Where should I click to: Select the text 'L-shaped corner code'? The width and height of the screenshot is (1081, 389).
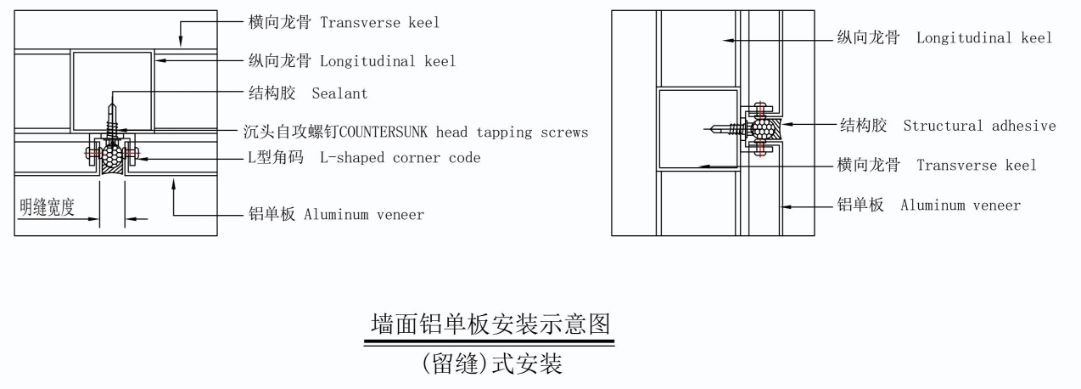tap(400, 158)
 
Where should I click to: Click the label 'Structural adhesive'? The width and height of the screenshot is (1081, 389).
tap(979, 126)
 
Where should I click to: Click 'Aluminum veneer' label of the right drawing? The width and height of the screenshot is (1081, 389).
tap(961, 205)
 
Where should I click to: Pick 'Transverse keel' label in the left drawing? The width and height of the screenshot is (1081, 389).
tap(380, 23)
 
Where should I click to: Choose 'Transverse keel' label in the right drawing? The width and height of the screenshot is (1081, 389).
tap(977, 165)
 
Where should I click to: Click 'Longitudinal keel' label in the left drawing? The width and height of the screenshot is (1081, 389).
tap(388, 60)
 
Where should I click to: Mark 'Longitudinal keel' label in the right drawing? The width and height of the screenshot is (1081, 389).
tap(984, 37)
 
